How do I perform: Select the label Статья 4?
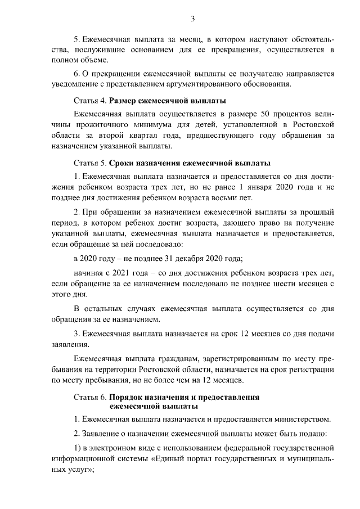pos(90,101)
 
